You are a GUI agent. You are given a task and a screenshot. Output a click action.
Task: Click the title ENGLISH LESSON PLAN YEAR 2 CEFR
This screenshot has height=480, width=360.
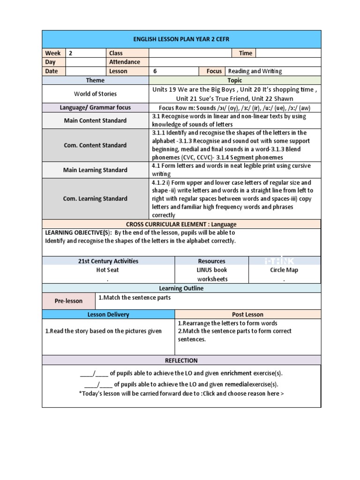181,39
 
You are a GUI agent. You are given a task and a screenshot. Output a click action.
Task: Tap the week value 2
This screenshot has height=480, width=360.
71,53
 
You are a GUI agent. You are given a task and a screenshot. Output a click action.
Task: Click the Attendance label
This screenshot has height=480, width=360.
125,62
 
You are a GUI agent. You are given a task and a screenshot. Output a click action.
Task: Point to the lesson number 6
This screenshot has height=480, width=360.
155,71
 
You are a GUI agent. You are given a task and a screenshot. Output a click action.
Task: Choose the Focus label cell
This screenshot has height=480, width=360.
214,71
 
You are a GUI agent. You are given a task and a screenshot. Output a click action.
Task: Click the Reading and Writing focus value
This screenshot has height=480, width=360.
255,71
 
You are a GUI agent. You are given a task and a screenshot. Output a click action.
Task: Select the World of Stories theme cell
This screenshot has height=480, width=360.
95,94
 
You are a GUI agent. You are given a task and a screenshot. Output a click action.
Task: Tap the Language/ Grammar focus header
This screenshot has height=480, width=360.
95,108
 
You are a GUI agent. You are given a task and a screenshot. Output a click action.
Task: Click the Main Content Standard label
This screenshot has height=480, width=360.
95,120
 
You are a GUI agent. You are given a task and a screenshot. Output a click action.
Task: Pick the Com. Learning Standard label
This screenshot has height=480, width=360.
95,199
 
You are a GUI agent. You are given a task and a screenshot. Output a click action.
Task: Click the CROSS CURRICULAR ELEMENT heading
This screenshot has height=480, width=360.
181,225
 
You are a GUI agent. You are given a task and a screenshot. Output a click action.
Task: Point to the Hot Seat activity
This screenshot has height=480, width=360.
107,270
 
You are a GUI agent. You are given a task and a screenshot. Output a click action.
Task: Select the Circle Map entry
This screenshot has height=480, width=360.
284,270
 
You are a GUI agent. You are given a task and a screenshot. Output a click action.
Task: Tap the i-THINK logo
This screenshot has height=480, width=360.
279,261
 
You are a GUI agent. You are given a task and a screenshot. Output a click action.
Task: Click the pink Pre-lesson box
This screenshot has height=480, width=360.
68,301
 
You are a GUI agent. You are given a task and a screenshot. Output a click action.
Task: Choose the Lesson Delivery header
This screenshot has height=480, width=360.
108,315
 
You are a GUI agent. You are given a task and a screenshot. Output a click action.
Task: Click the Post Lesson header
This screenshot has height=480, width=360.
247,315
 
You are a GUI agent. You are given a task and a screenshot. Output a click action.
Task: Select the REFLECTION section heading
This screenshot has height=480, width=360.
181,360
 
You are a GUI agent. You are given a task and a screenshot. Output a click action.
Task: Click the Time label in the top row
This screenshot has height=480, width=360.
245,53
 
